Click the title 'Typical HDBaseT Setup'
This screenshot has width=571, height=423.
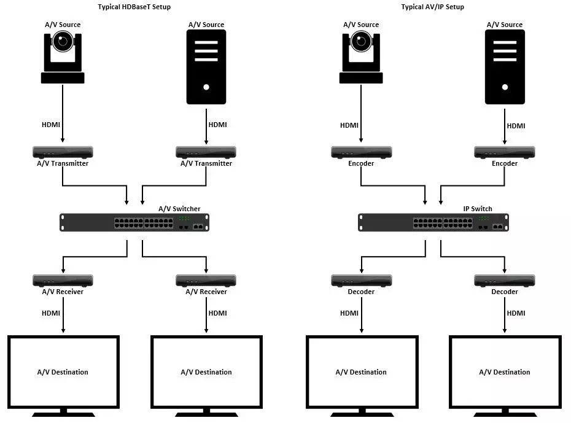134,7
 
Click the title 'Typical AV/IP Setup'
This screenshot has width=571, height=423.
432,7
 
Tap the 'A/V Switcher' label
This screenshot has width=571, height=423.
179,209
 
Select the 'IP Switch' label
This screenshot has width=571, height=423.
477,209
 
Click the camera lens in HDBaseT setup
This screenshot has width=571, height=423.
63,42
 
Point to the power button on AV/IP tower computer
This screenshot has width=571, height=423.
505,87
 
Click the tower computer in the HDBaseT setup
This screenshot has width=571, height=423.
206,66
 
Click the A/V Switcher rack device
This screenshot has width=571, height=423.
134,222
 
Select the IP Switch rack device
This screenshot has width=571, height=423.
433,222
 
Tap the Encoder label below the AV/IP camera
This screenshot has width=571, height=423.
361,163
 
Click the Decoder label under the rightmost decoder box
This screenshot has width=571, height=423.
505,292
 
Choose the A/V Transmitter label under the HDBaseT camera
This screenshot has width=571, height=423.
61,163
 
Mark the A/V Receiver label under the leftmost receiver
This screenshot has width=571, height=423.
63,292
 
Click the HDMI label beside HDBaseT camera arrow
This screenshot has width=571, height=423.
51,125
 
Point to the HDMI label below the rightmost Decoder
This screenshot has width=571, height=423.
516,313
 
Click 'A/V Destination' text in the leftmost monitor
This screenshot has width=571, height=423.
63,372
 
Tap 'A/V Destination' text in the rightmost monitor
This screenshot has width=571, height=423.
505,372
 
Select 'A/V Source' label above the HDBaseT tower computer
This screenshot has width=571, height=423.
206,25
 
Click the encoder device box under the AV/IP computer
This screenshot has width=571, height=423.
505,152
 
